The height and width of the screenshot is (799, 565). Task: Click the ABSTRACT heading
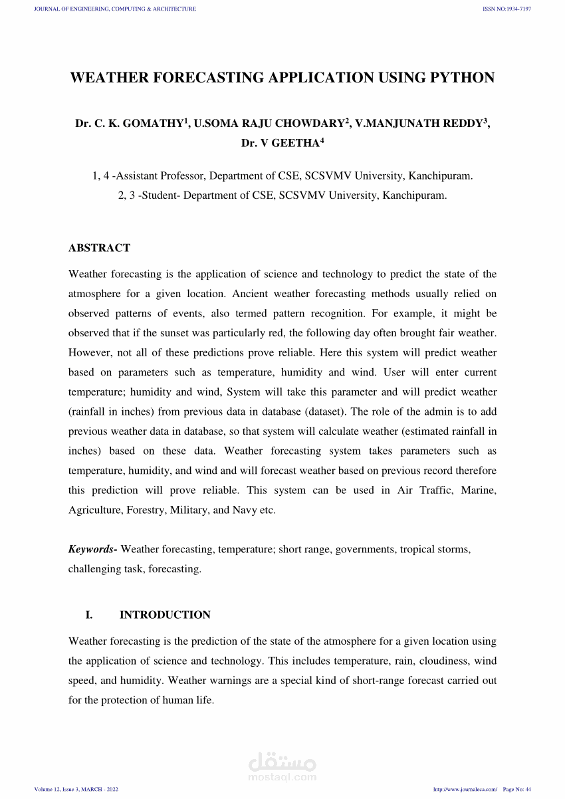coord(99,248)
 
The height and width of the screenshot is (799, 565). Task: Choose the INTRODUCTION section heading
coord(165,615)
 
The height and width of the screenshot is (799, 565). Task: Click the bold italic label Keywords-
coord(93,549)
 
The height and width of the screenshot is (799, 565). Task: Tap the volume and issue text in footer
coord(76,789)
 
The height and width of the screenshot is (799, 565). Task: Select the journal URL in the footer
coord(465,789)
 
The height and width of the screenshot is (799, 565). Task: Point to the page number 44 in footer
coord(528,789)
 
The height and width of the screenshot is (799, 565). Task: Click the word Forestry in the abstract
coord(146,510)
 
